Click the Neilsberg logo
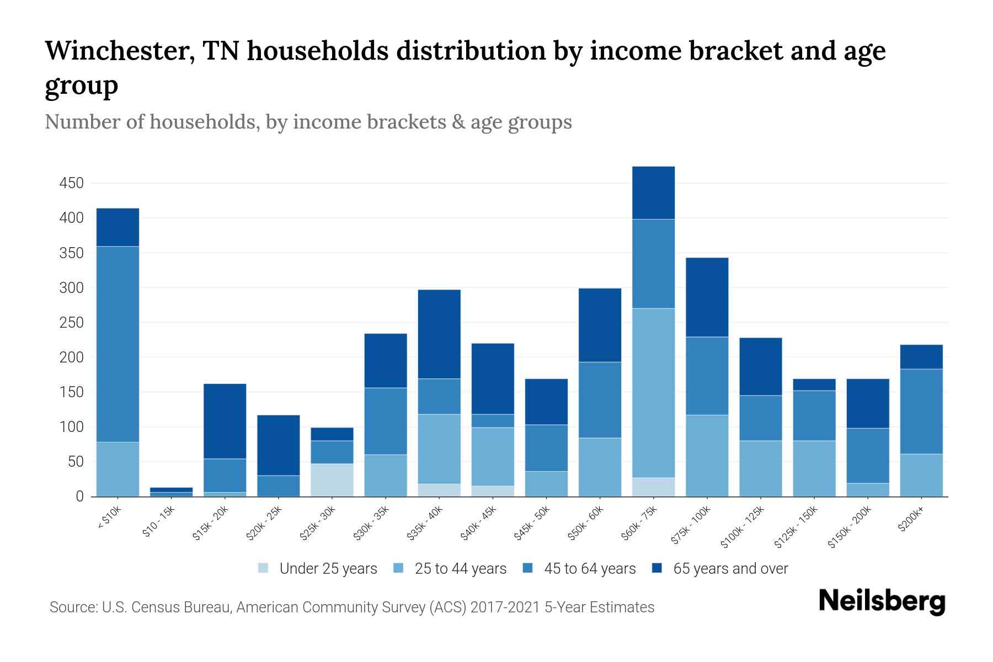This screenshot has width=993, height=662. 882,601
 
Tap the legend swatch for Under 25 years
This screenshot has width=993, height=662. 264,568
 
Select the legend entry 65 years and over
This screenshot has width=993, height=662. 730,568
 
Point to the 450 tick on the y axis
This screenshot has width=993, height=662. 71,183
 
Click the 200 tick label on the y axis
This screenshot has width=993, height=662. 71,357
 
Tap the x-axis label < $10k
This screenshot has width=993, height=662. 110,518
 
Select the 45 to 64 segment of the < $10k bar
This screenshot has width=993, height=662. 118,344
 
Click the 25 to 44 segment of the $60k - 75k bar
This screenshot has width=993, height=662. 653,392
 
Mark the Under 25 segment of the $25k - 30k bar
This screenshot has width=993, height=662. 332,480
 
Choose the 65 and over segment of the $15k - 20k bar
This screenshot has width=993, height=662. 225,421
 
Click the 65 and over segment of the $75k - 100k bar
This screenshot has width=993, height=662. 707,297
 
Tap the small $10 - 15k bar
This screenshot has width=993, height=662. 171,492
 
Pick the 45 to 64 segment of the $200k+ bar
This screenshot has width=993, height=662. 921,411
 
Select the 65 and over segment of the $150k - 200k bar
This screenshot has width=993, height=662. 867,403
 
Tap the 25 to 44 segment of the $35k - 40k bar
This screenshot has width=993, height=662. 439,449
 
